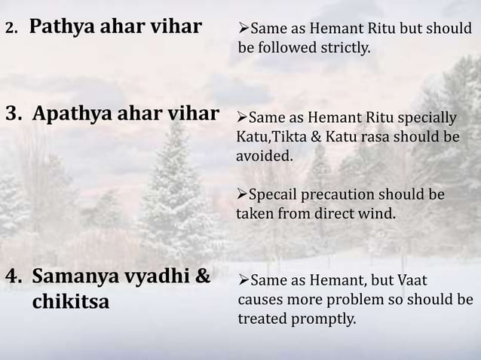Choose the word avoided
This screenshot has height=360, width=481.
tap(263, 157)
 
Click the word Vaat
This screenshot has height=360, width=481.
tap(412, 281)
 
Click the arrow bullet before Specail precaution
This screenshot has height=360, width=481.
tap(243, 194)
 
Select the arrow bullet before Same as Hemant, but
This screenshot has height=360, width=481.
tap(244, 281)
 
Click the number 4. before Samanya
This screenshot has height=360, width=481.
tap(14, 276)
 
